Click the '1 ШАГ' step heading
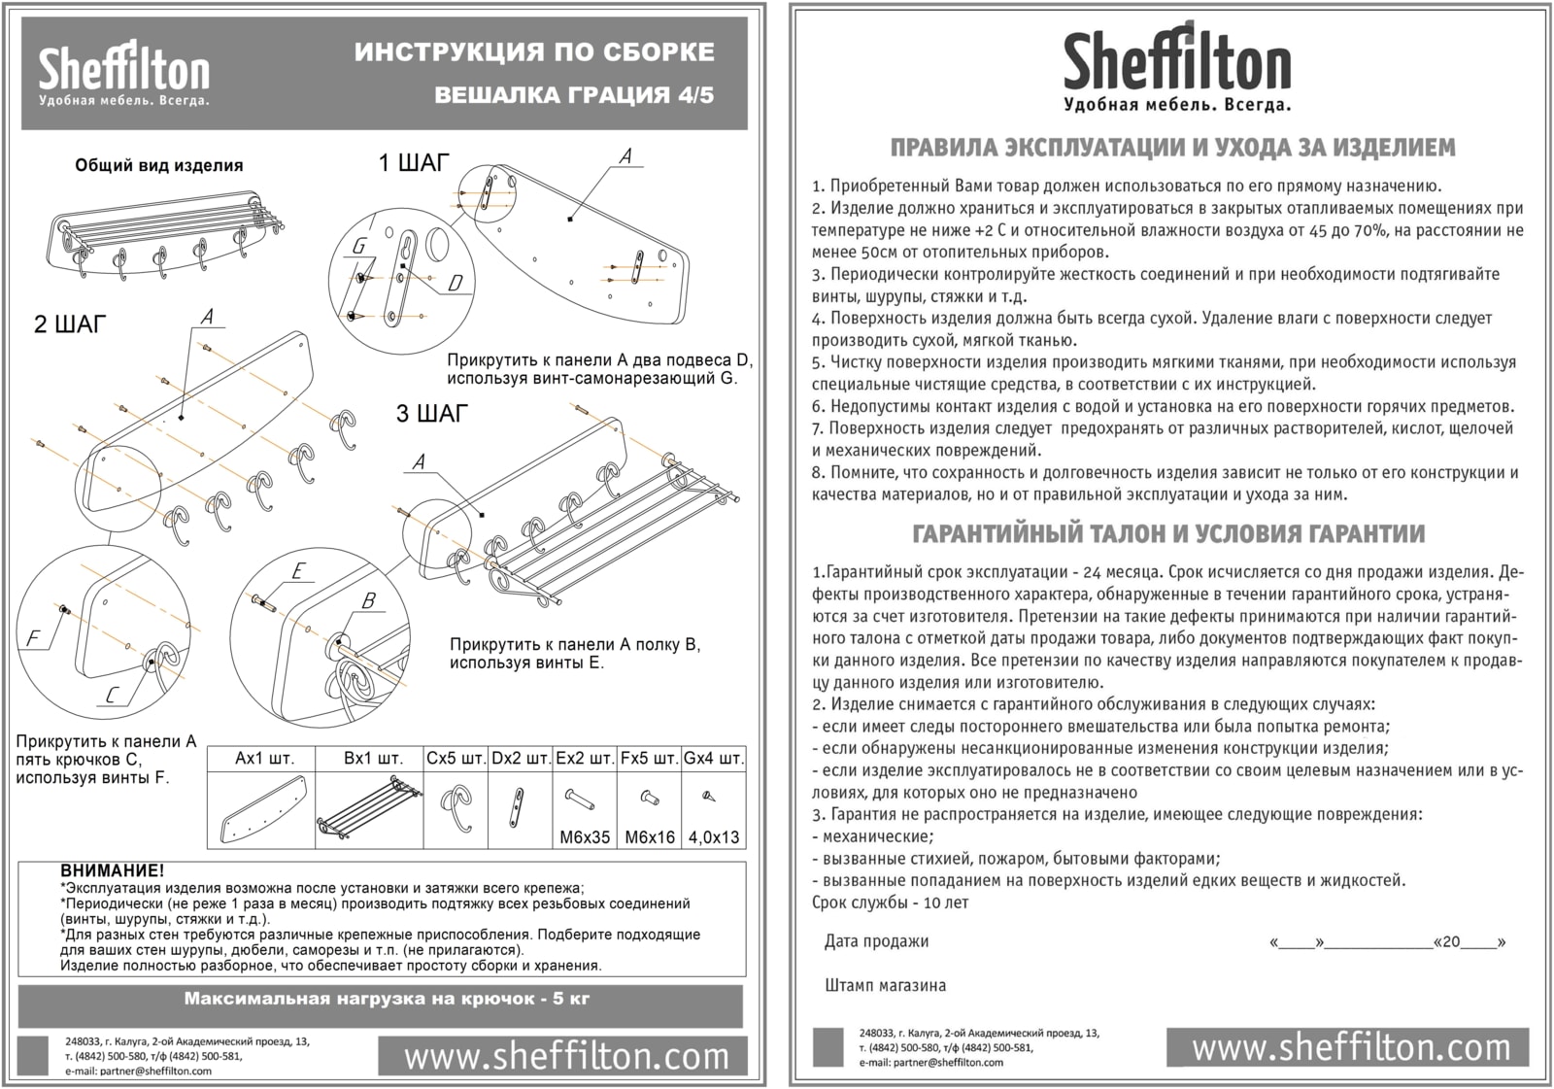[x=414, y=163]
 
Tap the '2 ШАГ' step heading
[x=70, y=324]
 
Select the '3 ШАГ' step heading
[x=431, y=414]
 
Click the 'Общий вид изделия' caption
[x=159, y=165]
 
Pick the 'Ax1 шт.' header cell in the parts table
[x=263, y=758]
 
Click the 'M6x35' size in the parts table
[x=584, y=837]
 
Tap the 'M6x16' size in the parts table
[x=650, y=837]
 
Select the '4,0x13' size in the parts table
[x=713, y=837]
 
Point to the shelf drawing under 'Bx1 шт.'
[x=369, y=808]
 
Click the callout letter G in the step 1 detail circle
[x=358, y=246]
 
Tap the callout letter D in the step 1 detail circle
[x=456, y=283]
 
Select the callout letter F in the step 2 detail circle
[x=33, y=638]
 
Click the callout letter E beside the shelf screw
[x=297, y=571]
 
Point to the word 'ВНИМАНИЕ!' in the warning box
[x=113, y=871]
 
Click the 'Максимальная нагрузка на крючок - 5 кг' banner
[x=387, y=999]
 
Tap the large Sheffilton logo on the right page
[x=1176, y=67]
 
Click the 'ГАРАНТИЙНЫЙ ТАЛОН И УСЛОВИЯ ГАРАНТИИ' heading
[x=1169, y=533]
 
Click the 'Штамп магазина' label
[x=885, y=985]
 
